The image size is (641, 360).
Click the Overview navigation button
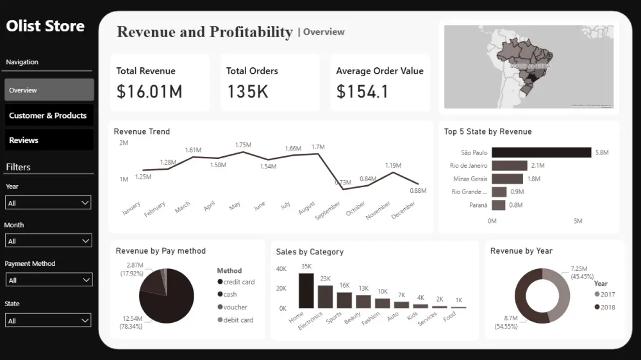coord(49,90)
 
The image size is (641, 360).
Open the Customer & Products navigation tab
coord(49,115)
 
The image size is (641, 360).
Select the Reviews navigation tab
coord(49,140)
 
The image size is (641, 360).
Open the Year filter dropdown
coord(48,203)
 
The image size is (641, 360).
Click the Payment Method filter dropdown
coord(48,280)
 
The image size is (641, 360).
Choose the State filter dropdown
coord(48,320)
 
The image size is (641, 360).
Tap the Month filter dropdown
coord(48,241)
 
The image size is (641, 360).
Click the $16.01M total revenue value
coord(149,92)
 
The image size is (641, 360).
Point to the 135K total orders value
coord(248,92)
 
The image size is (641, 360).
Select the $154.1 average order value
coord(363,92)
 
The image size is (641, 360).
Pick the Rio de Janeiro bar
coord(510,166)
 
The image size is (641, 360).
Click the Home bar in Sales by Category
coord(306,291)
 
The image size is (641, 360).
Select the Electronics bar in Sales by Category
coord(326,297)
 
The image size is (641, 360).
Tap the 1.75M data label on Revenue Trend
coord(243,145)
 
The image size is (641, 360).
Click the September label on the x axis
coord(328,211)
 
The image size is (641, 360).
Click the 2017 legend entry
coord(605,294)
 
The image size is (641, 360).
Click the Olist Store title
coord(46,26)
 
